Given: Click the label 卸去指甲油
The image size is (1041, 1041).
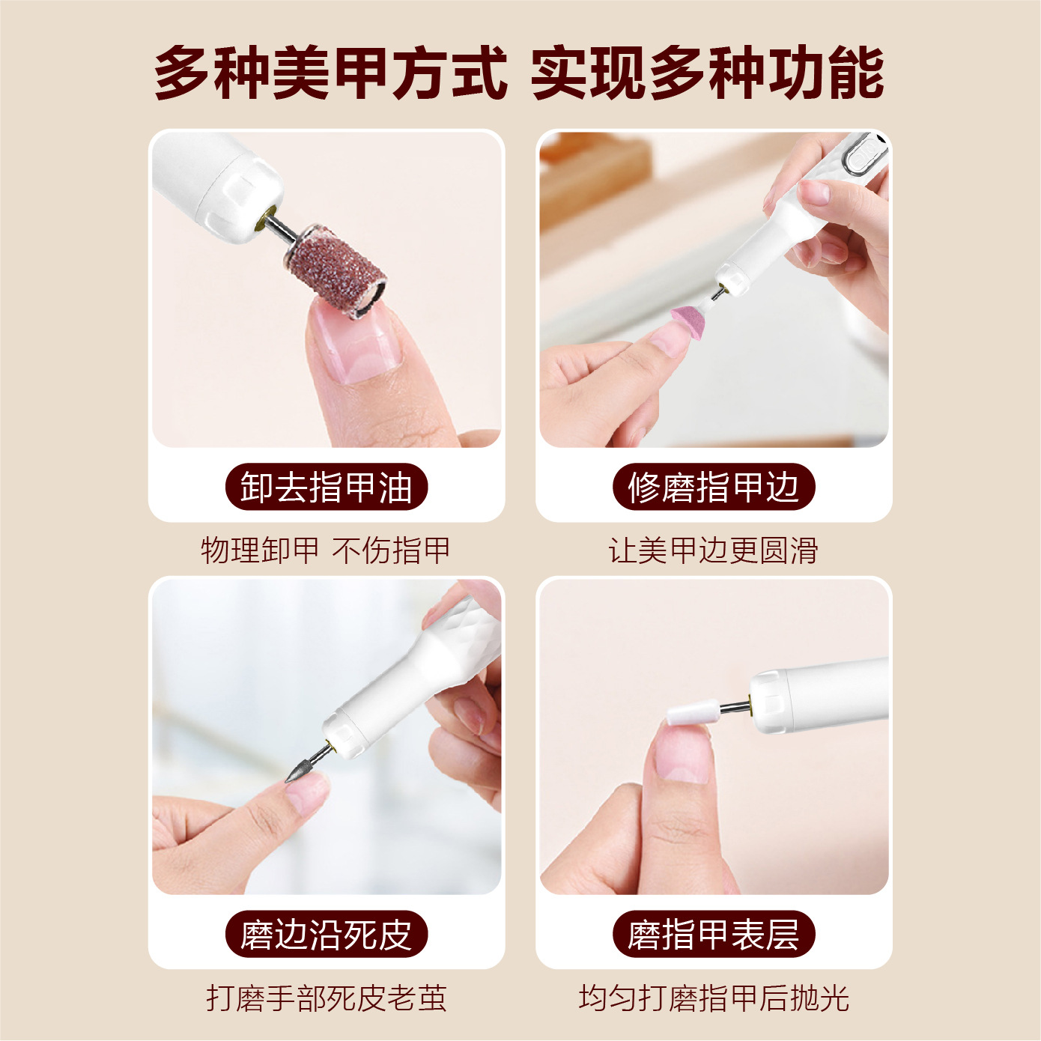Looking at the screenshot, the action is click(327, 487).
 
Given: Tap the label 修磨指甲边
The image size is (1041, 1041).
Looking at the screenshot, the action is click(714, 487).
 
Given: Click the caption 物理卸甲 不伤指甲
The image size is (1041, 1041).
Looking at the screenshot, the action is click(326, 550).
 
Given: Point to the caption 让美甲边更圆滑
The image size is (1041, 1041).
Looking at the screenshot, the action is click(713, 550).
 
